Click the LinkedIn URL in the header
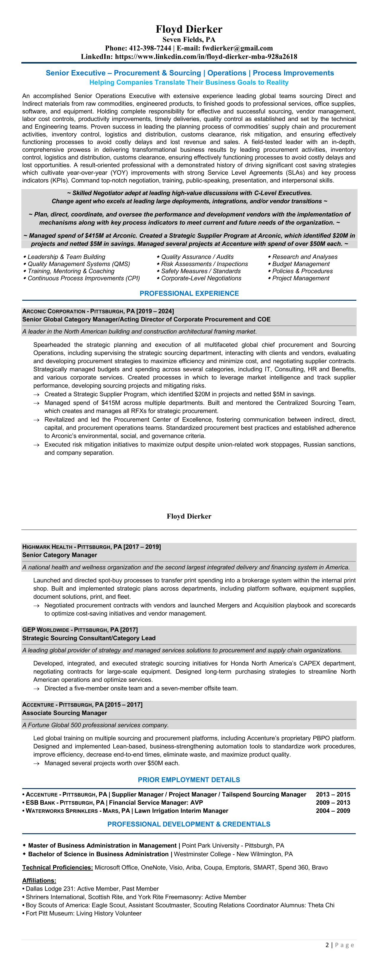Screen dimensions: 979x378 tap(206, 57)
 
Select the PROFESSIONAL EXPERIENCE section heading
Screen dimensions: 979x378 tap(189, 293)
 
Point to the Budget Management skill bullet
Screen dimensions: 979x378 tap(301, 264)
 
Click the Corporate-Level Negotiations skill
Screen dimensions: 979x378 tap(201, 278)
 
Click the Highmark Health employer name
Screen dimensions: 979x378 tap(47, 547)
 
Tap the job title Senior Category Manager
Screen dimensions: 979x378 tap(60, 555)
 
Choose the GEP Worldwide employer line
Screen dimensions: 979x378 tap(80, 630)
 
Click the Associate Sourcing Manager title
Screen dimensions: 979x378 tap(65, 713)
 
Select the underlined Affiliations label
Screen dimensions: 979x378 tap(39, 880)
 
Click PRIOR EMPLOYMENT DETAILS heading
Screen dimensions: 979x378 tap(189, 780)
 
